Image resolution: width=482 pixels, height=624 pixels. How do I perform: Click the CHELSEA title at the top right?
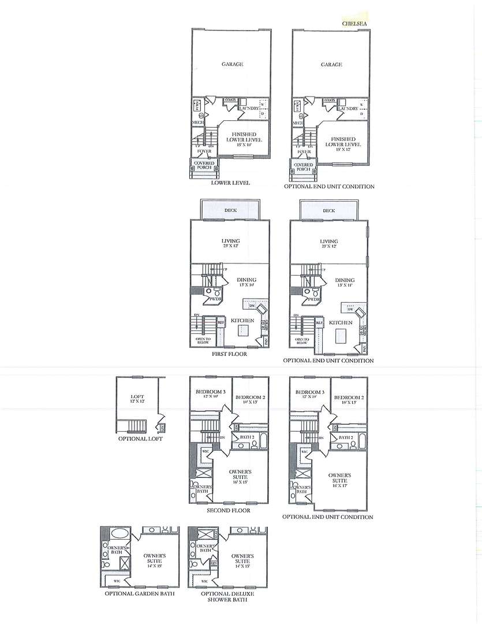[353, 24]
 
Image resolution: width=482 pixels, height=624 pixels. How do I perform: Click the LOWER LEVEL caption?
[230, 183]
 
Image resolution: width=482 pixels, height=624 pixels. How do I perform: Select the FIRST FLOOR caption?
[229, 354]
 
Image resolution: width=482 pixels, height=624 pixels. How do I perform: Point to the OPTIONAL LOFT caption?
[140, 439]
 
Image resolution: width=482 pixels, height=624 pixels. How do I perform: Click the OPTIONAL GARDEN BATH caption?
[139, 593]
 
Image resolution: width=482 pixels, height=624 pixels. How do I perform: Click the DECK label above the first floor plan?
[229, 210]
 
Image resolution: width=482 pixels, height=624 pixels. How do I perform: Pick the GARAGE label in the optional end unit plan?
[331, 65]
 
